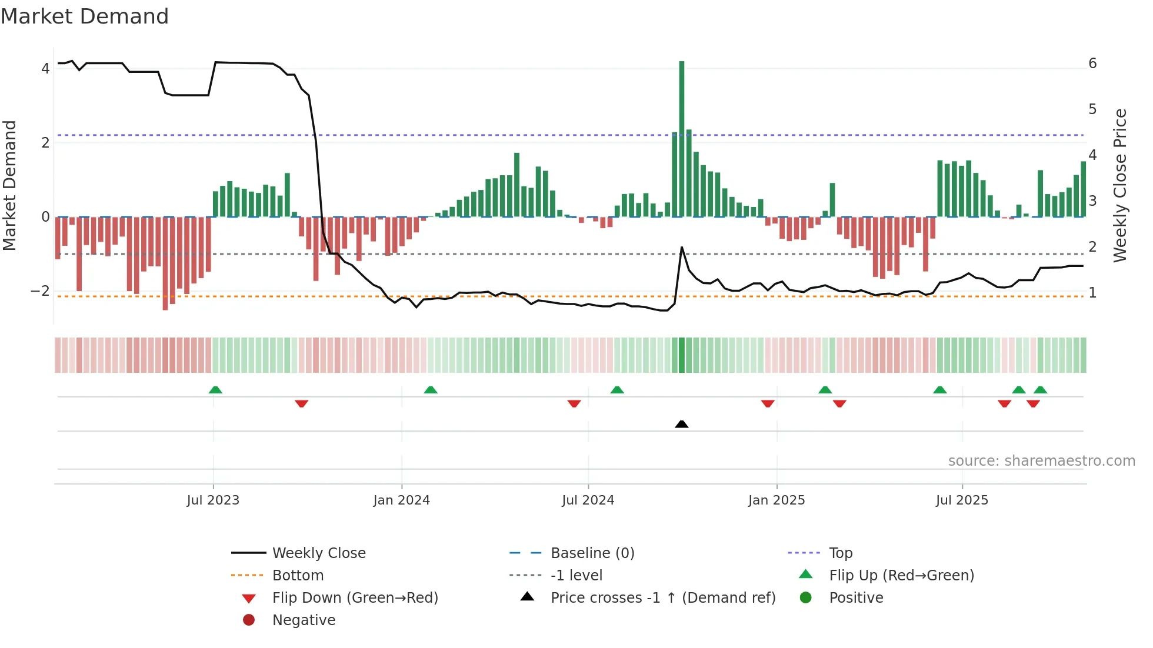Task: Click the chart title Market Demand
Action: click(x=85, y=16)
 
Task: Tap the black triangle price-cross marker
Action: click(x=681, y=424)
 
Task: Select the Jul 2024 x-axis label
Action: click(x=588, y=500)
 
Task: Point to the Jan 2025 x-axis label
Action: click(x=776, y=500)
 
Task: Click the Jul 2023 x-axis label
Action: click(x=213, y=500)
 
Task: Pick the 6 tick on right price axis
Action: click(x=1092, y=64)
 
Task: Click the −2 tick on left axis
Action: click(x=40, y=291)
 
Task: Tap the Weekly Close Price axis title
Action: click(x=1120, y=185)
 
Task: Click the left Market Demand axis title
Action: click(x=9, y=185)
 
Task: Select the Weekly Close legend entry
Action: click(x=318, y=553)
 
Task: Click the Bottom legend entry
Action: click(x=298, y=576)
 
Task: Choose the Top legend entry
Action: click(x=841, y=553)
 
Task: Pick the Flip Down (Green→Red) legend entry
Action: click(x=355, y=598)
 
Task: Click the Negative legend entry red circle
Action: click(x=249, y=620)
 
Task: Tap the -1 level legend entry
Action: click(x=576, y=576)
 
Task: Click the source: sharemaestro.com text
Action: click(x=1041, y=461)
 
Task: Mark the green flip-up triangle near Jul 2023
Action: click(x=215, y=390)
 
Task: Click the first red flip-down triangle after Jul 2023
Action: click(x=301, y=403)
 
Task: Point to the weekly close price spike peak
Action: click(x=682, y=248)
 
